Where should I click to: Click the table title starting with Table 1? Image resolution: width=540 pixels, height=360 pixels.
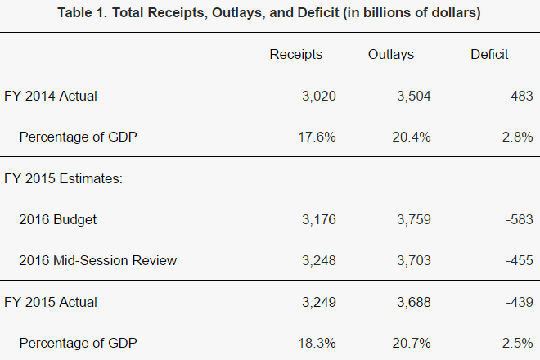[270, 13]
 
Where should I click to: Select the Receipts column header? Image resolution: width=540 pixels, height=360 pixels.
[296, 55]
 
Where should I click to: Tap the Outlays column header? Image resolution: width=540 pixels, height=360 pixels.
[391, 55]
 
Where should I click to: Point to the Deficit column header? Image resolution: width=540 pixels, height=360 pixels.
[489, 55]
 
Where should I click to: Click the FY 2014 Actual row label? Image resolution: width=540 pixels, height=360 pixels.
[51, 96]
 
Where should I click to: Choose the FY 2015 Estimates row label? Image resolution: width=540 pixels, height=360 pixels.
[63, 178]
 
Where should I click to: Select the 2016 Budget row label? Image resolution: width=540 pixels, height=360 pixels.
[58, 219]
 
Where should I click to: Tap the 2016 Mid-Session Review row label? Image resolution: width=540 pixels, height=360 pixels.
[98, 260]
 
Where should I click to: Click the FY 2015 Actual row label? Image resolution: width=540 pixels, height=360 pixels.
[51, 302]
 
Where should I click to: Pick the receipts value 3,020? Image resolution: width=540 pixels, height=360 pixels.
[319, 96]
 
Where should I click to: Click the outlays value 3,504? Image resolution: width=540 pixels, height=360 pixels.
[414, 96]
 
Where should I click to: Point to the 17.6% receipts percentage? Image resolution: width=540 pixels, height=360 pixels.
[317, 137]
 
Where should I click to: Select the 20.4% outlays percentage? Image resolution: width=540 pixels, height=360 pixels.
[412, 137]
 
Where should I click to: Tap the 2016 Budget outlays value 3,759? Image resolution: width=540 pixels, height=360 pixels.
[414, 219]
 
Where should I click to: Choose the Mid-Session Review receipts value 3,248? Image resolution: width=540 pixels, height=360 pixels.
[319, 260]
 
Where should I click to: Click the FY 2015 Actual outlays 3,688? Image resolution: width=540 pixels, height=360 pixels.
[414, 302]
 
